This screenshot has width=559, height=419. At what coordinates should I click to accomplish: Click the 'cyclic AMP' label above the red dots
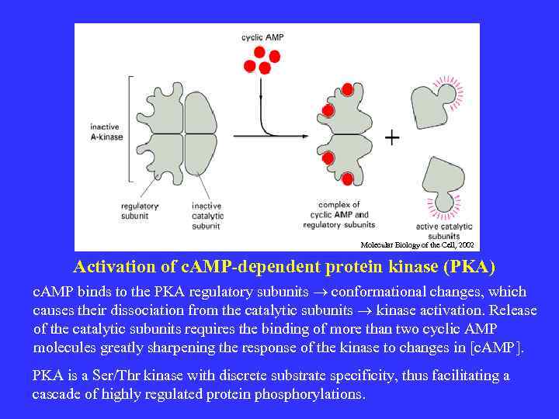click(x=262, y=36)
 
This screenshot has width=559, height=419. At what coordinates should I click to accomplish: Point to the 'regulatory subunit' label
click(x=140, y=210)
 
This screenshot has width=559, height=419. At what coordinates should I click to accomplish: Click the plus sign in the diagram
click(x=393, y=137)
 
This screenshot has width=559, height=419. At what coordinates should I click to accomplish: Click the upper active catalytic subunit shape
click(x=435, y=101)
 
